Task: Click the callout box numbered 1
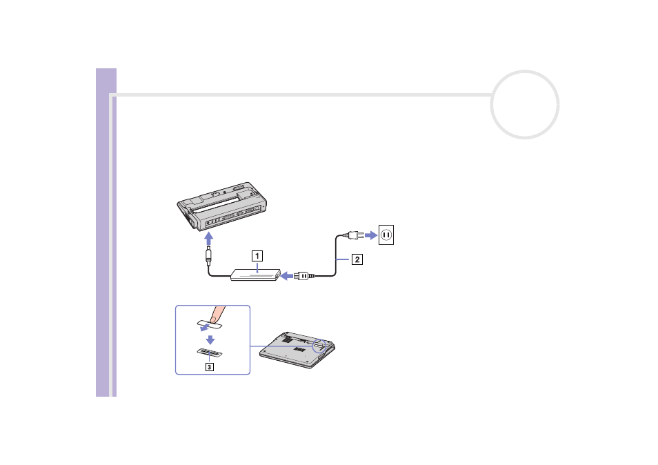[x=257, y=255]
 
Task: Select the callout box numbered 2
[x=357, y=259]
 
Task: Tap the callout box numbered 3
[x=209, y=367]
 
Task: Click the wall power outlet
[x=386, y=235]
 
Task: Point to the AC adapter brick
[x=255, y=275]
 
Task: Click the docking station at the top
[x=222, y=206]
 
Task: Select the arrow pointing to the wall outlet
[x=371, y=235]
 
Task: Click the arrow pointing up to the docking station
[x=208, y=239]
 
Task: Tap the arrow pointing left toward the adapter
[x=287, y=276]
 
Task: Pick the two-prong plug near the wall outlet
[x=353, y=235]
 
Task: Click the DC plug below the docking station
[x=208, y=255]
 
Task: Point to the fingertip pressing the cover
[x=217, y=315]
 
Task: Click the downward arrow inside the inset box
[x=210, y=339]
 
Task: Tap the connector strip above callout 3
[x=210, y=352]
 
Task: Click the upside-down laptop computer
[x=297, y=350]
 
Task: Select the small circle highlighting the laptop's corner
[x=320, y=346]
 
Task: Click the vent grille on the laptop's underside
[x=299, y=350]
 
